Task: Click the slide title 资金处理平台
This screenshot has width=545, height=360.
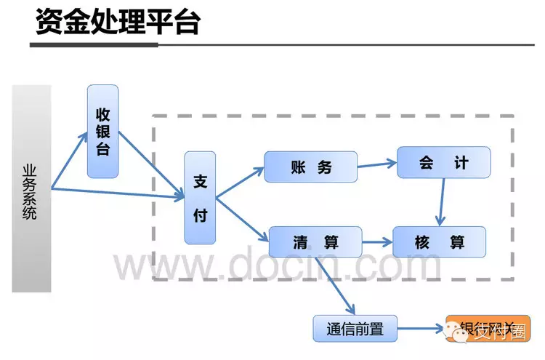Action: click(x=117, y=22)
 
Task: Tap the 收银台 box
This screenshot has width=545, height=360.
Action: click(x=102, y=132)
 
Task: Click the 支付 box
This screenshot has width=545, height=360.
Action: click(x=201, y=198)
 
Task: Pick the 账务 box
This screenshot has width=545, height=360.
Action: click(x=310, y=167)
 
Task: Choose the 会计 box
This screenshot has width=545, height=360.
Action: click(x=443, y=162)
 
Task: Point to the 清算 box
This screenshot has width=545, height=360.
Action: click(x=315, y=241)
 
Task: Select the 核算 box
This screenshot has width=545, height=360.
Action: click(x=439, y=241)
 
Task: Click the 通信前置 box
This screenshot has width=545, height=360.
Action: click(x=349, y=329)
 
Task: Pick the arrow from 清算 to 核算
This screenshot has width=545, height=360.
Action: click(x=377, y=241)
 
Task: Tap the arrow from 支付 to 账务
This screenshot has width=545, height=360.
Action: click(x=241, y=183)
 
